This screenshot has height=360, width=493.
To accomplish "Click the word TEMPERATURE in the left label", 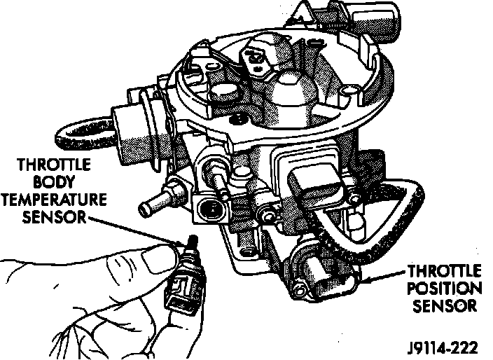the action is coord(55,199).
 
